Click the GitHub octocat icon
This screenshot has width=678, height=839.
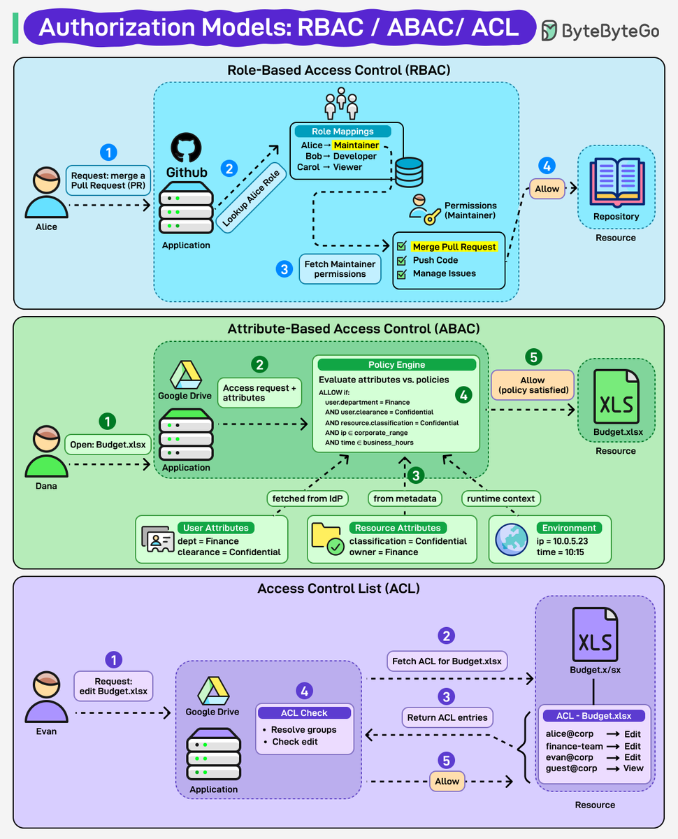(186, 149)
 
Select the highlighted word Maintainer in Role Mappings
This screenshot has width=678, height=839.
(356, 145)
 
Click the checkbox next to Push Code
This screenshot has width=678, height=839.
(401, 260)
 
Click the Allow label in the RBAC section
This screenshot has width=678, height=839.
(547, 189)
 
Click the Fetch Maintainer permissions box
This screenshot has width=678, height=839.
(340, 268)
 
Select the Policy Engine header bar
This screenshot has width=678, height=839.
(396, 365)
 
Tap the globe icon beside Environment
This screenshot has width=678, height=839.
(512, 540)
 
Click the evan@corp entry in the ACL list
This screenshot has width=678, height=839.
(570, 757)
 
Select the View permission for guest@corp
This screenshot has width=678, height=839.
(633, 768)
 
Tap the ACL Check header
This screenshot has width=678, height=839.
(304, 713)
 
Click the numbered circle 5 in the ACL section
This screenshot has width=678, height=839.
(446, 759)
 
